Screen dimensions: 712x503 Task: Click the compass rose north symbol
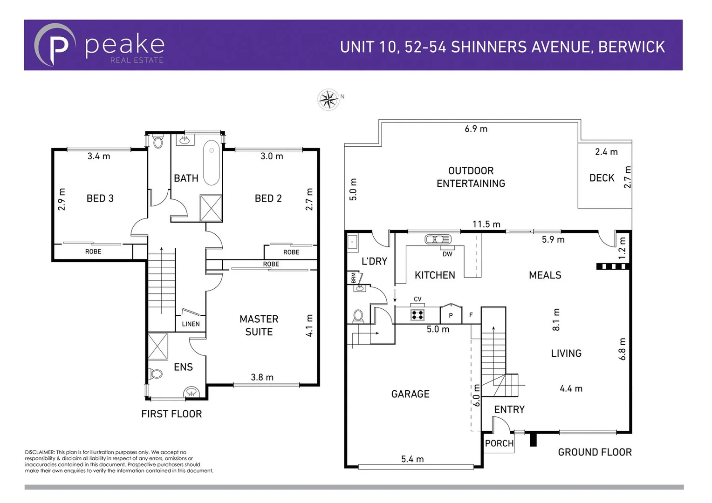point(329,99)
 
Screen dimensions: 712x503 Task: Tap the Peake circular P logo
point(55,45)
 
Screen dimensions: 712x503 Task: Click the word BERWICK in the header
point(631,47)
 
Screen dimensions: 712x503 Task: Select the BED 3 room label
point(100,198)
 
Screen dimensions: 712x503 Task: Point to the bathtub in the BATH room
point(212,163)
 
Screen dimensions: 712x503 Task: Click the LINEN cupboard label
point(191,324)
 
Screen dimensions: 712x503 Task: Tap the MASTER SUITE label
point(259,326)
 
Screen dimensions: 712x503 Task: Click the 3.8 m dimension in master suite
point(262,377)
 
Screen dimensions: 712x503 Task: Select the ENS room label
point(183,367)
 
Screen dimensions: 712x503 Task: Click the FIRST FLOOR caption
point(171,414)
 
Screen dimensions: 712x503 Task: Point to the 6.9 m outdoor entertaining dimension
point(476,129)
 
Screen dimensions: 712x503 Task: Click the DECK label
point(602,178)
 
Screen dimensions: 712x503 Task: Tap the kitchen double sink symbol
point(438,239)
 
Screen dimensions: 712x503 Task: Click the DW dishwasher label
point(447,254)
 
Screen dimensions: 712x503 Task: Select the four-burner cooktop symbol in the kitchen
point(417,315)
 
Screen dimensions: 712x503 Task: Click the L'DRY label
point(374,261)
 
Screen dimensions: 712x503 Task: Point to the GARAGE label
point(410,394)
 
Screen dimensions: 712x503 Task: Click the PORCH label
point(499,443)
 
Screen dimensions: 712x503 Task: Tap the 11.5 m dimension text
point(486,224)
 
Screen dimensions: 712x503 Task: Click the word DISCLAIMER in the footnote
point(40,452)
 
